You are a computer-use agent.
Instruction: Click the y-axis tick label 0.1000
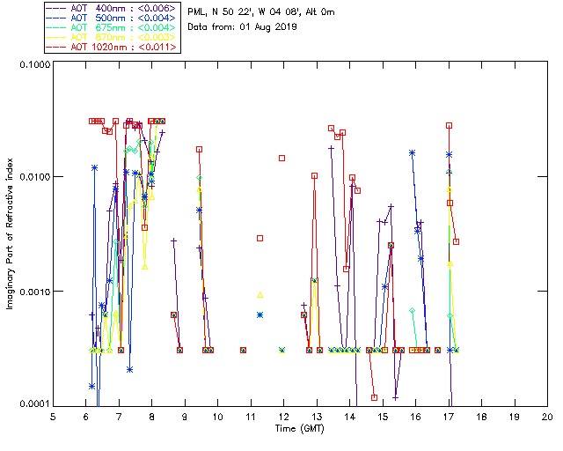point(33,65)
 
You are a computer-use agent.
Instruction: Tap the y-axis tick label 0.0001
point(33,404)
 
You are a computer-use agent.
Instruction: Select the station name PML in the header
point(199,11)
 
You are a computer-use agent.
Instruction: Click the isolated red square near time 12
point(282,159)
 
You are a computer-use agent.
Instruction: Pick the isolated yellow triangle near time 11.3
point(260,294)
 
